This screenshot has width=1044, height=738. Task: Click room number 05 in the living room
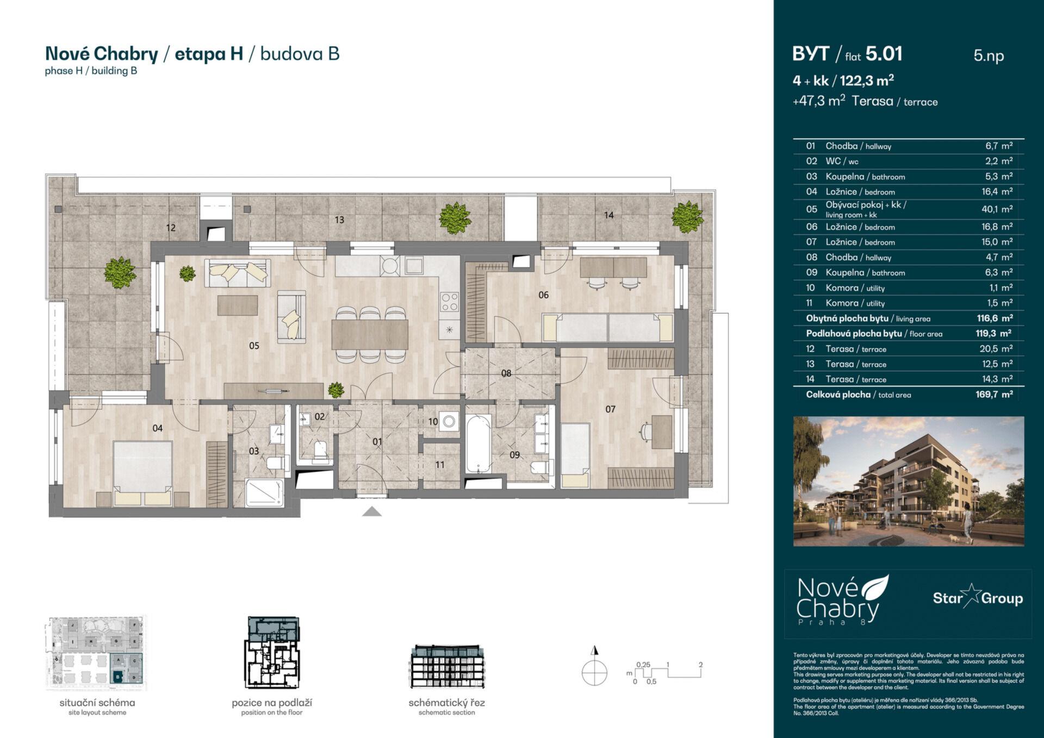point(254,346)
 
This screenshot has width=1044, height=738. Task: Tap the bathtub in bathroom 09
point(478,444)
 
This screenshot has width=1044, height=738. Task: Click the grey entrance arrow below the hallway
point(372,511)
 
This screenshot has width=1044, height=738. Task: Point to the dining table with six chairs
point(370,334)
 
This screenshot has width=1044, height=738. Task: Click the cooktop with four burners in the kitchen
point(449,302)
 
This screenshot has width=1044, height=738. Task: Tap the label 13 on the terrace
point(339,220)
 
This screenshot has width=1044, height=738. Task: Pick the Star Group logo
point(977,598)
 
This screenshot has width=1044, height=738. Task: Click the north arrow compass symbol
point(594,669)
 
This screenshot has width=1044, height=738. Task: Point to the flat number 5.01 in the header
point(884,54)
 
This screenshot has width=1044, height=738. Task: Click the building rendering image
point(908,481)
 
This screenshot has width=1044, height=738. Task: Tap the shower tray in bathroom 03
point(265,492)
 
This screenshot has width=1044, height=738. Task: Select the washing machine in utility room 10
point(449,421)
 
